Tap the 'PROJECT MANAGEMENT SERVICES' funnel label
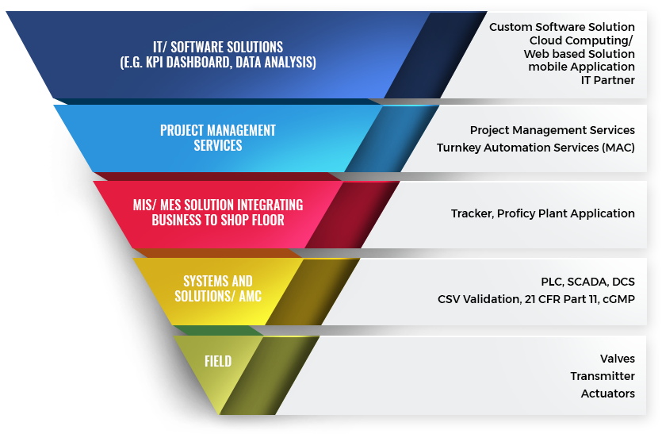click(218, 138)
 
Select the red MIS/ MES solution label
click(218, 213)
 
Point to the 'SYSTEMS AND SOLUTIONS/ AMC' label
click(218, 289)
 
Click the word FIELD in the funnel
click(218, 361)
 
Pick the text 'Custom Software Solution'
click(562, 27)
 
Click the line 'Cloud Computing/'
click(581, 40)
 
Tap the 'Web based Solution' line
click(580, 54)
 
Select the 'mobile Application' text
click(581, 67)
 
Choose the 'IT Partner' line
click(607, 80)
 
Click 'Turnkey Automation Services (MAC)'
click(536, 148)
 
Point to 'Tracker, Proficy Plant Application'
click(543, 213)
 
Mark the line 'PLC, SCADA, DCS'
click(587, 282)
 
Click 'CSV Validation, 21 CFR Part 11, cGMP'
click(536, 299)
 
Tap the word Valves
click(618, 359)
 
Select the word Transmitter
click(603, 376)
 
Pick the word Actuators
click(607, 394)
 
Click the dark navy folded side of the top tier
click(436, 55)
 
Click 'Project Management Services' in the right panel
click(553, 130)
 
